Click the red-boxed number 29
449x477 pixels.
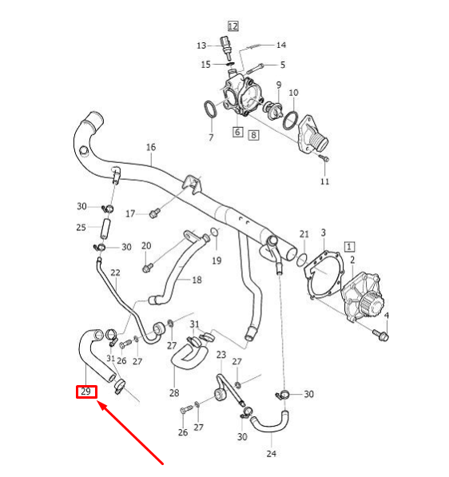(x=86, y=392)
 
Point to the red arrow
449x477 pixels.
(x=132, y=432)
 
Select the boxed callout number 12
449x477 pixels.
(x=232, y=26)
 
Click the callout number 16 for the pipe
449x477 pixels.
(x=150, y=147)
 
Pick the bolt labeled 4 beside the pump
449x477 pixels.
(x=381, y=336)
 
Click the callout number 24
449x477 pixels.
(x=272, y=454)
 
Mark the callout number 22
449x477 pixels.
(x=115, y=272)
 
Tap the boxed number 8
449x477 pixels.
(x=254, y=135)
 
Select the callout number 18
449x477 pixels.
(x=197, y=280)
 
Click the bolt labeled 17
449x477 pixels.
(x=155, y=213)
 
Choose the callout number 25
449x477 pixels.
(x=81, y=228)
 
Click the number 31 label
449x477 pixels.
(x=194, y=323)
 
